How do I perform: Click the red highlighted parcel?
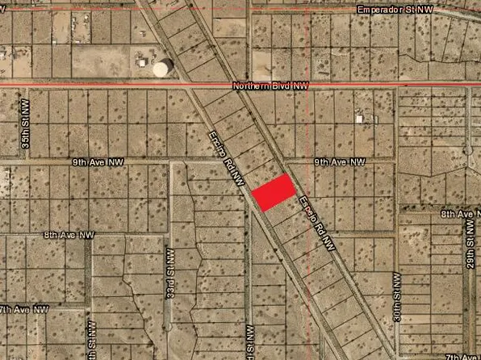(273, 192)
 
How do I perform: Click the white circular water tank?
(163, 68)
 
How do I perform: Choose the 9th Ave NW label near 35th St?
(91, 162)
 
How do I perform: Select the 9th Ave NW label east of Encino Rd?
(340, 162)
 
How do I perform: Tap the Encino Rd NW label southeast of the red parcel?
(316, 225)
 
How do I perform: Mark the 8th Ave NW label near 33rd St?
(69, 235)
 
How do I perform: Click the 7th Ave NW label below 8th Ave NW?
(24, 309)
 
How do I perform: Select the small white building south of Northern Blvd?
(359, 119)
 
